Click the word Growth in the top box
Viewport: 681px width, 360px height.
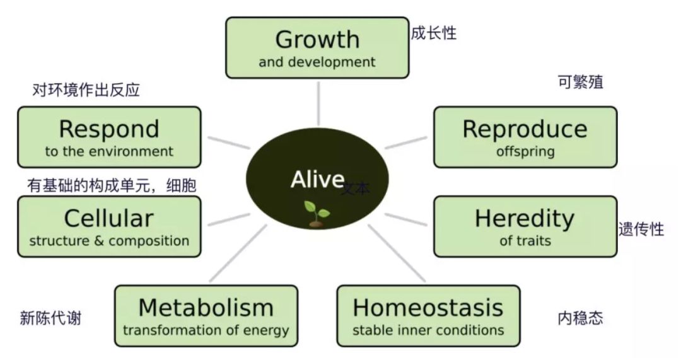pyautogui.click(x=317, y=40)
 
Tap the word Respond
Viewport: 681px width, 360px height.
pyautogui.click(x=109, y=129)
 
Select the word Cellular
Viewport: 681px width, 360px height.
pyautogui.click(x=109, y=218)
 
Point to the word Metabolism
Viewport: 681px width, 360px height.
pyautogui.click(x=206, y=308)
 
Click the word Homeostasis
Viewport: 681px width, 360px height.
pyautogui.click(x=428, y=308)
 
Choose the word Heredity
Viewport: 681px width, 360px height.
pyautogui.click(x=525, y=218)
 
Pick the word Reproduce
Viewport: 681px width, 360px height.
pyautogui.click(x=525, y=129)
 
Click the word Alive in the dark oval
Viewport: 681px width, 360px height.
pyautogui.click(x=317, y=180)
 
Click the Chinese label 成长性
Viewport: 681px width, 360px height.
pyautogui.click(x=433, y=33)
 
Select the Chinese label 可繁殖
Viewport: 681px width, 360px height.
pyautogui.click(x=580, y=82)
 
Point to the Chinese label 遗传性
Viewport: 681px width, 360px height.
pyautogui.click(x=641, y=229)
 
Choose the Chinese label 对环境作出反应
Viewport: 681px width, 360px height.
pyautogui.click(x=86, y=90)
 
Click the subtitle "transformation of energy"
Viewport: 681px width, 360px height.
pyautogui.click(x=206, y=330)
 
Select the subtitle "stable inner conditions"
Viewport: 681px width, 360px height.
pyautogui.click(x=428, y=330)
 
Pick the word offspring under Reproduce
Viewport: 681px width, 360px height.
pyautogui.click(x=525, y=151)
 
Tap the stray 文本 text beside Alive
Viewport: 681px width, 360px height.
pyautogui.click(x=356, y=188)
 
